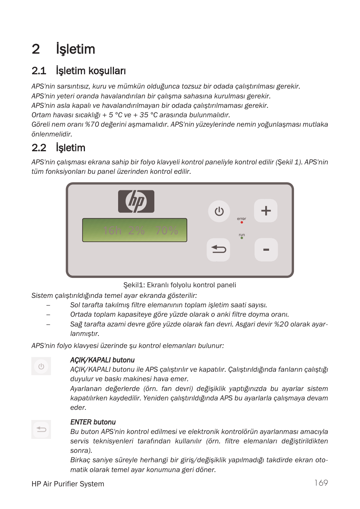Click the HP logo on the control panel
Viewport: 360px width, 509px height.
(136, 201)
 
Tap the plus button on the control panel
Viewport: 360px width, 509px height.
(266, 210)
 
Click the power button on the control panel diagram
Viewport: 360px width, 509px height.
(219, 211)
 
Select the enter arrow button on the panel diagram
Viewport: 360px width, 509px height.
(218, 250)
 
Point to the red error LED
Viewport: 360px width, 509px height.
(242, 222)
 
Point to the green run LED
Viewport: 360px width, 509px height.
(242, 238)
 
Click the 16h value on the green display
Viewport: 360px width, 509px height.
(112, 230)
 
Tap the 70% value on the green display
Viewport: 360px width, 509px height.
(166, 230)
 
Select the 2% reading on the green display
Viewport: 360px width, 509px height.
(136, 230)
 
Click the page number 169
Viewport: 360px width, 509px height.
(321, 483)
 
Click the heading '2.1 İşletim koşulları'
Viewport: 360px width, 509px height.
(78, 71)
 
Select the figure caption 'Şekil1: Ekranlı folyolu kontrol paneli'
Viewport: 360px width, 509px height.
(180, 285)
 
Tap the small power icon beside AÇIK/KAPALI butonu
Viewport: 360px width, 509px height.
(41, 366)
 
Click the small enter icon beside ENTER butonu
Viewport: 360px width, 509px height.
(41, 429)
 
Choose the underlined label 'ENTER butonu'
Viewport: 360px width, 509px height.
(93, 422)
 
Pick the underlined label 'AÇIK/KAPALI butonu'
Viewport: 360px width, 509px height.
(102, 360)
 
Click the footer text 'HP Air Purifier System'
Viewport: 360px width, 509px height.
(68, 484)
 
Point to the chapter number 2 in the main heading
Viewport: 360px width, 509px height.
(36, 49)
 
